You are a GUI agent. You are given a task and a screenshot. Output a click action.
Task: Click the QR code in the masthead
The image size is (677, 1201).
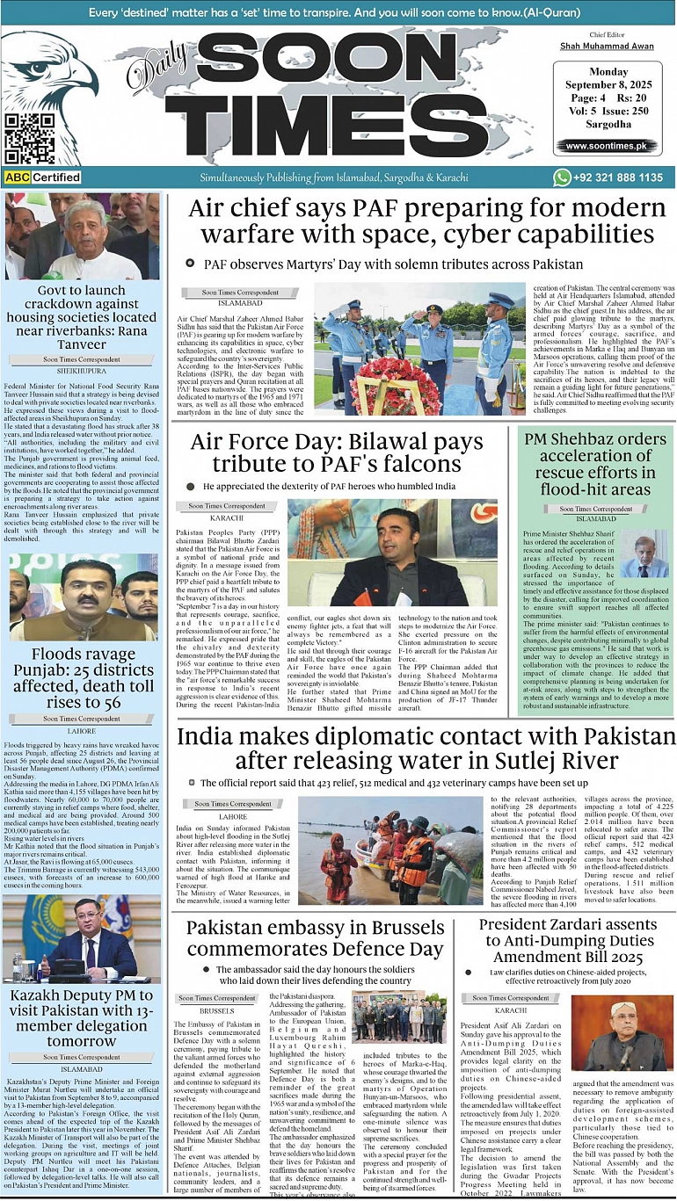point(29,139)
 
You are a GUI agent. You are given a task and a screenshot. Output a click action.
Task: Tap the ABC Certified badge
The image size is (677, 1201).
point(43,177)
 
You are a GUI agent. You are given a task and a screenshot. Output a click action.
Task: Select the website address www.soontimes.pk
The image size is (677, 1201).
point(606,146)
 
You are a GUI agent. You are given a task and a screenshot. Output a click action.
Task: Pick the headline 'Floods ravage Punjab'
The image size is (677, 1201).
point(84,677)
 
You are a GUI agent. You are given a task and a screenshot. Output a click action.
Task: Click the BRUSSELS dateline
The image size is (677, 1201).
point(217,1011)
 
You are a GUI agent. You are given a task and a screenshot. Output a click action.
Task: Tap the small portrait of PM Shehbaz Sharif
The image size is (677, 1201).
point(645,555)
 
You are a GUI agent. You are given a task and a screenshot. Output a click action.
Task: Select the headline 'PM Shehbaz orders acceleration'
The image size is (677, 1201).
point(595,463)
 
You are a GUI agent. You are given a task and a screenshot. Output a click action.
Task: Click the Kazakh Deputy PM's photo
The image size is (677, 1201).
point(84,939)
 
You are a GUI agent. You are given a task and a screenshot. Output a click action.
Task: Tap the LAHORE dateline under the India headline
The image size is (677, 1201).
point(233,816)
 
